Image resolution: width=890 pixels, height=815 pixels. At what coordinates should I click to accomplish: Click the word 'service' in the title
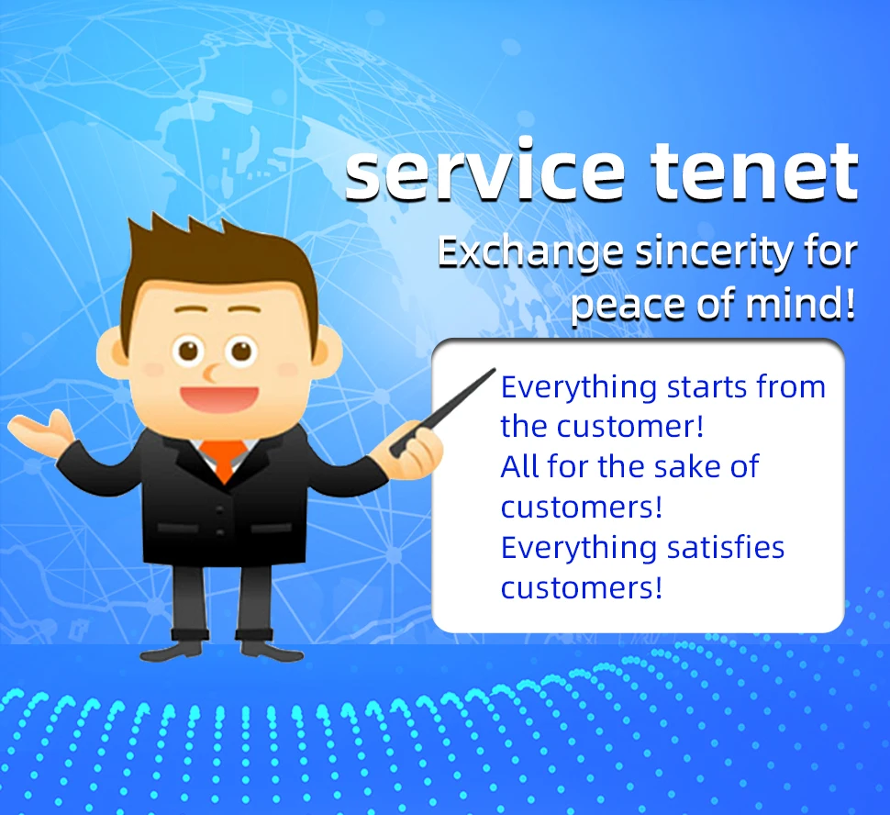tap(485, 172)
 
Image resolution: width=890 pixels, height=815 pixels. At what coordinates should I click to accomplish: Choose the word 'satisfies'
tap(726, 548)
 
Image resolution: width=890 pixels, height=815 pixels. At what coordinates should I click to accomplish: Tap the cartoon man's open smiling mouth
tap(219, 398)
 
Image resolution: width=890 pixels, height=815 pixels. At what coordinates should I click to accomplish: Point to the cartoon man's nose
tap(211, 373)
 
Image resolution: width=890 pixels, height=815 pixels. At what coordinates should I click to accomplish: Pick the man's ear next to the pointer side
tap(328, 352)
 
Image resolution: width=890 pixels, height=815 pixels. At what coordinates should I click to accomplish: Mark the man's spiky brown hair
tap(220, 267)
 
